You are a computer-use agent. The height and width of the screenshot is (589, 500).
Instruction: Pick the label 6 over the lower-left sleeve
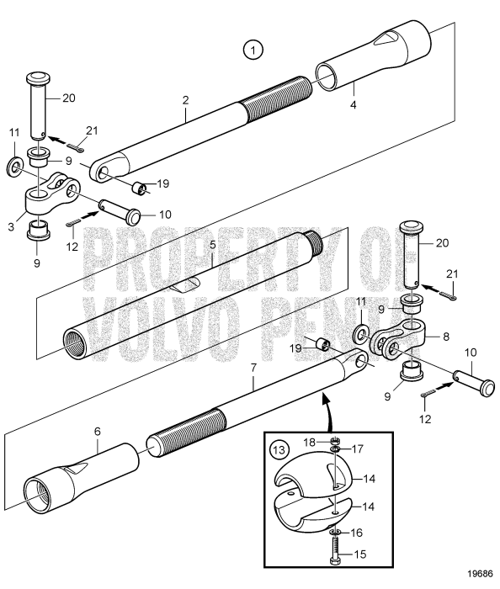[97, 430]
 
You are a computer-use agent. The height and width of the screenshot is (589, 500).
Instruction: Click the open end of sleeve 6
[36, 488]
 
